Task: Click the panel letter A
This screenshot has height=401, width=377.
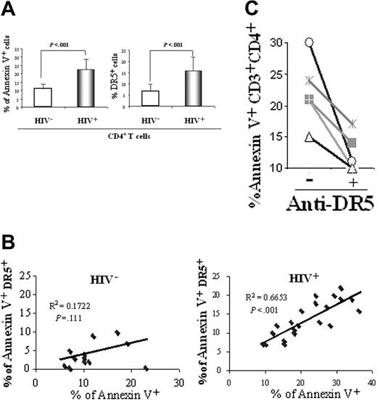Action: pyautogui.click(x=10, y=10)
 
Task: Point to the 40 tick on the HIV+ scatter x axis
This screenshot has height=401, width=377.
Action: pyautogui.click(x=370, y=381)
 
